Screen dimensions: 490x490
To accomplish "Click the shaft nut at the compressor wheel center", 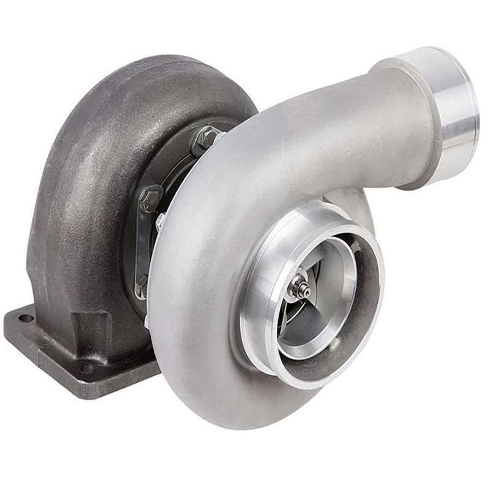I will point(300,286).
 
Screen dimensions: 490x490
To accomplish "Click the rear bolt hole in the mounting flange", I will point(26,318).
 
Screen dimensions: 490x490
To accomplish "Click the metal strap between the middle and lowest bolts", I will point(142,242).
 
